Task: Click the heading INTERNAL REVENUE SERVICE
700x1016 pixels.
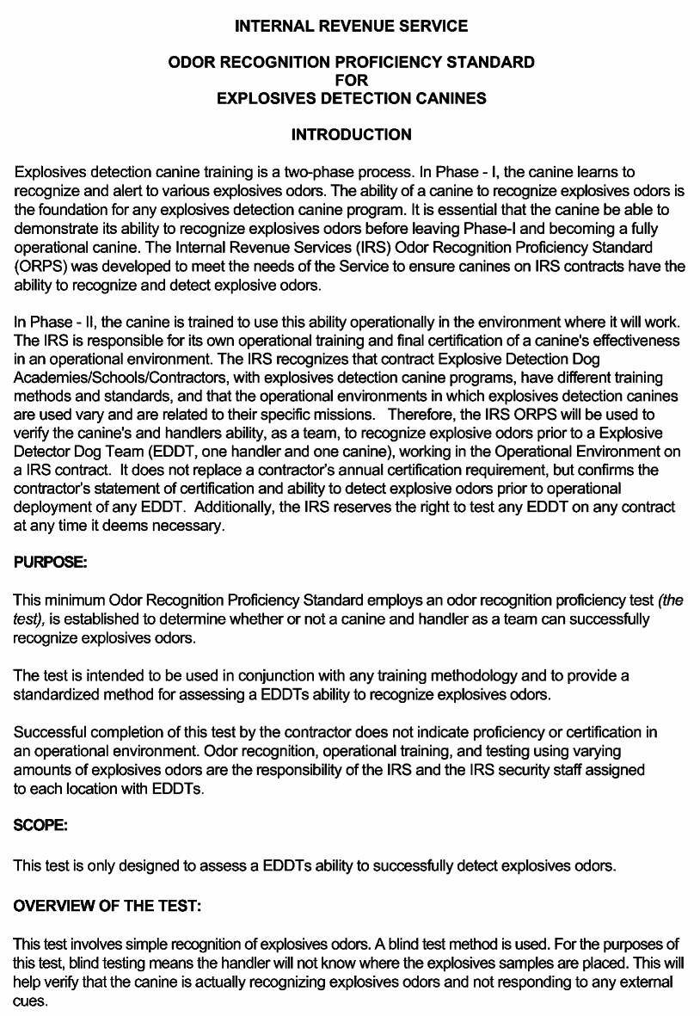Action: click(x=351, y=27)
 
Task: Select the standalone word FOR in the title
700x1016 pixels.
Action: click(x=351, y=80)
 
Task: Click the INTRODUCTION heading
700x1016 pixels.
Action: click(x=351, y=135)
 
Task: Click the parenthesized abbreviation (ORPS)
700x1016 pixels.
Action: click(x=40, y=266)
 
